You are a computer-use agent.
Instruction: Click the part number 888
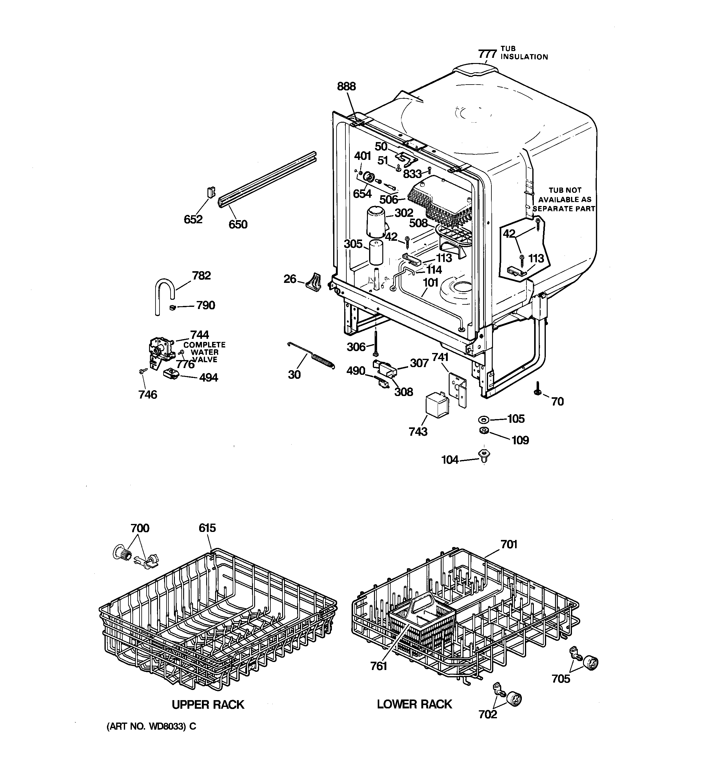point(346,86)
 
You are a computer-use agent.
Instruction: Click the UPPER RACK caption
point(208,705)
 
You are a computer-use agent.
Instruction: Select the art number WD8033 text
point(151,727)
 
